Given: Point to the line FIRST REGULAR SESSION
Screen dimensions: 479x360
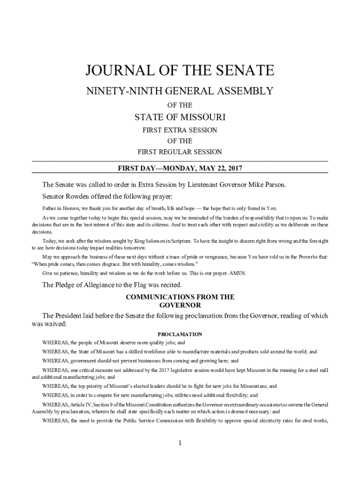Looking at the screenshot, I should (180, 152).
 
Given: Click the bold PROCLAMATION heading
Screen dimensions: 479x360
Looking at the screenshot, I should (180, 334).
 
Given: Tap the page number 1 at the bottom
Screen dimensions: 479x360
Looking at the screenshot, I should (180, 443).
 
